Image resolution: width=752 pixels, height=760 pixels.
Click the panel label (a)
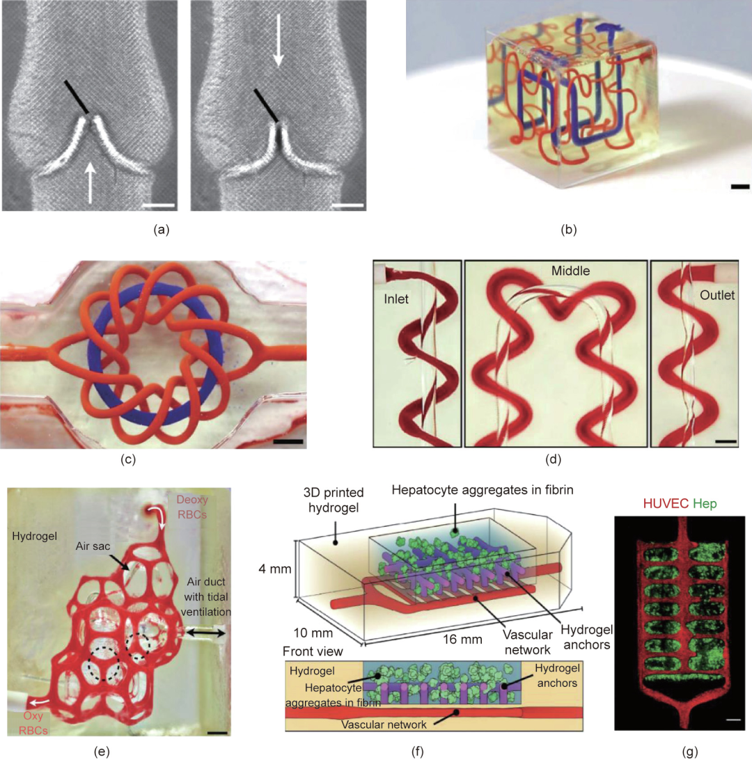pos(162,230)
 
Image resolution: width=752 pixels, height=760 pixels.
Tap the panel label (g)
pos(690,752)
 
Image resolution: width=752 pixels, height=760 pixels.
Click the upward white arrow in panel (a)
pos(91,182)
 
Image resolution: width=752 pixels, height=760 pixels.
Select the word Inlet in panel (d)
pos(396,299)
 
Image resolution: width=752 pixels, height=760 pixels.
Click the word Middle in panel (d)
pos(571,271)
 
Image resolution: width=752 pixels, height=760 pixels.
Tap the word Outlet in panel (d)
pos(717,295)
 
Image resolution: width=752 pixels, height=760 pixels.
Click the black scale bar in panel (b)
pos(740,187)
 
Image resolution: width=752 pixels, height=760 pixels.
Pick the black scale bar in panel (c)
pos(288,441)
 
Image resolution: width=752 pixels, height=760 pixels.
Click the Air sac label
pos(93,546)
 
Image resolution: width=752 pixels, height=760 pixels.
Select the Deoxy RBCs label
pos(192,507)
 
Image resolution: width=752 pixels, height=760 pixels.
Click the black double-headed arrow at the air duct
pos(206,632)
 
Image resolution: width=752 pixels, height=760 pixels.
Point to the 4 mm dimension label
pos(275,569)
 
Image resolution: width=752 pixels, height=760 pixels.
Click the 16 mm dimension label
pos(462,640)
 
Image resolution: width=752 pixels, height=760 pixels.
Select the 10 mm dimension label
pos(313,633)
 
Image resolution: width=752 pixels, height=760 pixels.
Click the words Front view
pos(313,651)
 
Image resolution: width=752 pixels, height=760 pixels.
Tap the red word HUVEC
pos(666,504)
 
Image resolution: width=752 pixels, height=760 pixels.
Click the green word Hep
pos(705,504)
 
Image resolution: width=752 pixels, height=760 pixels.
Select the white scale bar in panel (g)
pos(734,720)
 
